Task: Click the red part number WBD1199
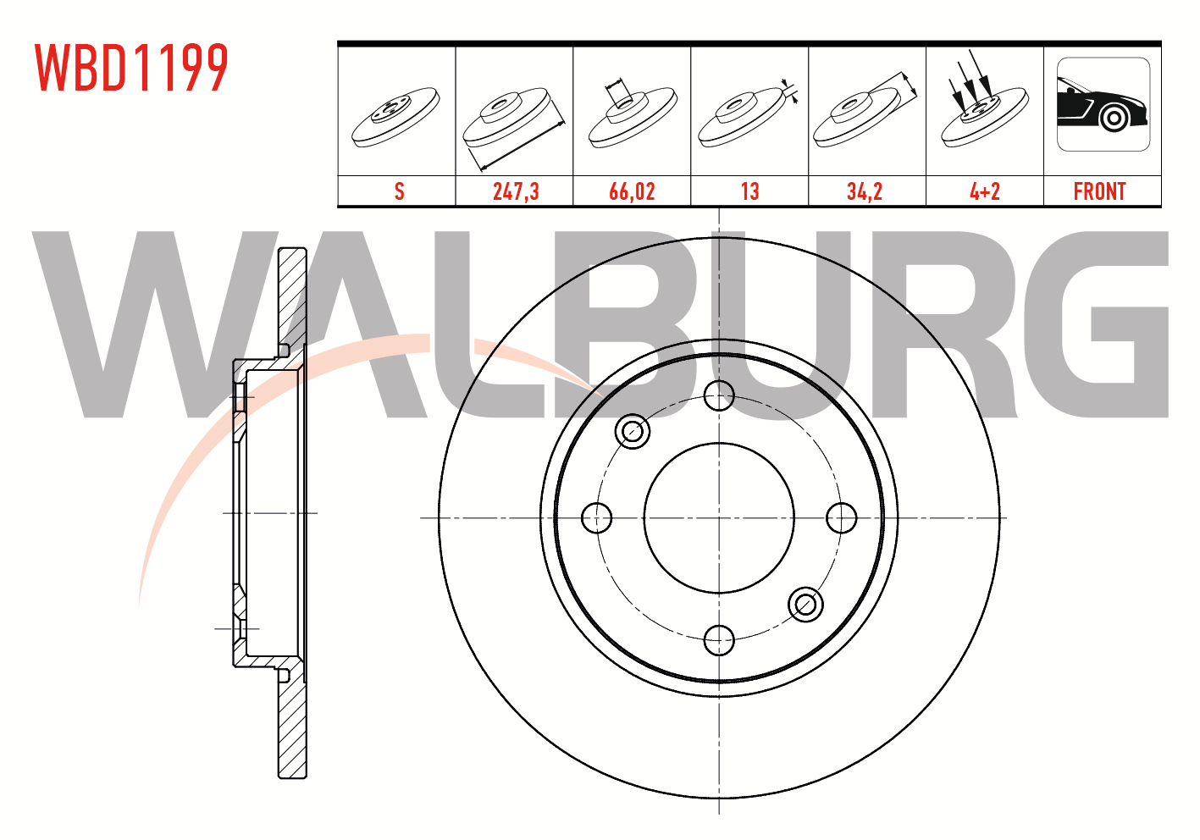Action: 132,68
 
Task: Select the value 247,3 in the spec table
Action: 516,191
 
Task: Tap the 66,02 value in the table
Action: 632,191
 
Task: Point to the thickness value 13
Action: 749,191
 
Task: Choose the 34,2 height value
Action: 864,191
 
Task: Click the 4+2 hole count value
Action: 985,191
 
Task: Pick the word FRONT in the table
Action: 1099,191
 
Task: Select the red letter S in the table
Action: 399,191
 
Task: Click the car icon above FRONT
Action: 1103,104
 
